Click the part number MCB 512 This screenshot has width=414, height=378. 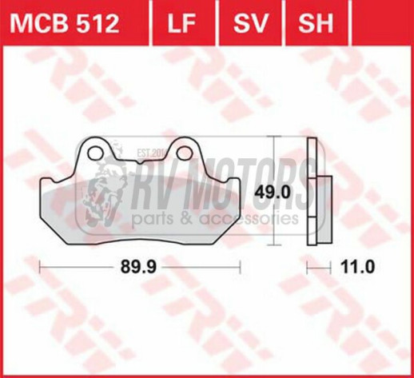coord(64,23)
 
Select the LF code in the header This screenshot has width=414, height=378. coord(181,23)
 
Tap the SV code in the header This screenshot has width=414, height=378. coord(250,23)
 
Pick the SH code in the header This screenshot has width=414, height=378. coord(316,23)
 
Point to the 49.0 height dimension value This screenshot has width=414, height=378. coord(273,193)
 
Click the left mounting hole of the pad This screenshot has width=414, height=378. coord(96,153)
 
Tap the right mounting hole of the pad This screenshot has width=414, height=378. coord(184,153)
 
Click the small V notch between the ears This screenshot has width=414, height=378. coord(140,161)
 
